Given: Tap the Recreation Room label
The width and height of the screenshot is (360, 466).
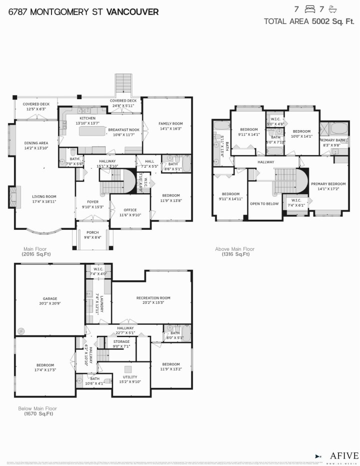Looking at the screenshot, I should (153, 298).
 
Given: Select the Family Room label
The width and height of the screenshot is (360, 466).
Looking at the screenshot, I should (170, 123).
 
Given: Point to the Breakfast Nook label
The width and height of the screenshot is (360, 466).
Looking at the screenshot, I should (123, 130).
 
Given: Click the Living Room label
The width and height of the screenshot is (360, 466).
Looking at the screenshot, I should (44, 196).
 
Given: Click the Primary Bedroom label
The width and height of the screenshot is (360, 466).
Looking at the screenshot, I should (328, 184).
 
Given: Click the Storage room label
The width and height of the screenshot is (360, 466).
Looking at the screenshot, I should (121, 341).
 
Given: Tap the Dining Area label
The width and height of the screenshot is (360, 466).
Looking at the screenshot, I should (36, 143).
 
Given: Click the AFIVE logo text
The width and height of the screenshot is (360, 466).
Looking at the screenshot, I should (344, 455).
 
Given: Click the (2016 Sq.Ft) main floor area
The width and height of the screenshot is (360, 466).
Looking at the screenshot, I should (36, 254).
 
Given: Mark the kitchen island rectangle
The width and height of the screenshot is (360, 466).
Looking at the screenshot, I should (93, 132).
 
